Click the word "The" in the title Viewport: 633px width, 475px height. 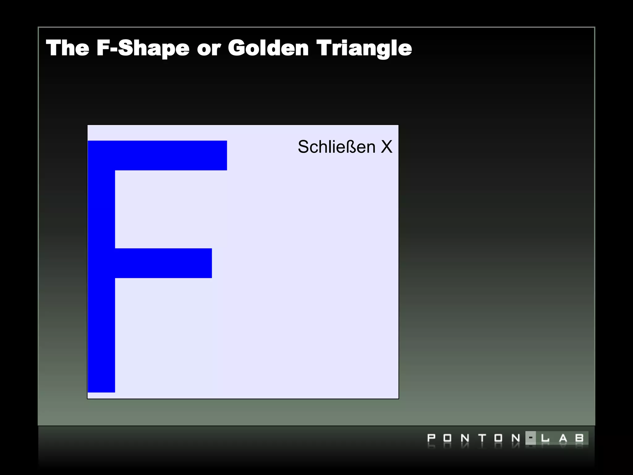(x=68, y=48)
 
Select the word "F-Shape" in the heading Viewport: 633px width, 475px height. (x=143, y=48)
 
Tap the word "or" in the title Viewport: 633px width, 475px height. (x=209, y=49)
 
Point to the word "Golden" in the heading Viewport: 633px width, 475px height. (x=268, y=48)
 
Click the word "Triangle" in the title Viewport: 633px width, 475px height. (x=364, y=49)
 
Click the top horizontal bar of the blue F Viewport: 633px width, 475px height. (x=158, y=156)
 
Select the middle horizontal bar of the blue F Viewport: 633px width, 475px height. (x=163, y=263)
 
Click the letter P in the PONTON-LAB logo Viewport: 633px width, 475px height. (x=431, y=438)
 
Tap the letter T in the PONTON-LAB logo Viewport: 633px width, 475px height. (x=482, y=438)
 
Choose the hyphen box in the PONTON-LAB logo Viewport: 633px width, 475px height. (x=531, y=438)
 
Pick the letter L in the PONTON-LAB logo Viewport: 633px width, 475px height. (x=545, y=438)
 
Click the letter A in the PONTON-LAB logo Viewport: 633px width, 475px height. (x=563, y=438)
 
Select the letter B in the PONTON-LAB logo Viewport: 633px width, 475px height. (x=580, y=438)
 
